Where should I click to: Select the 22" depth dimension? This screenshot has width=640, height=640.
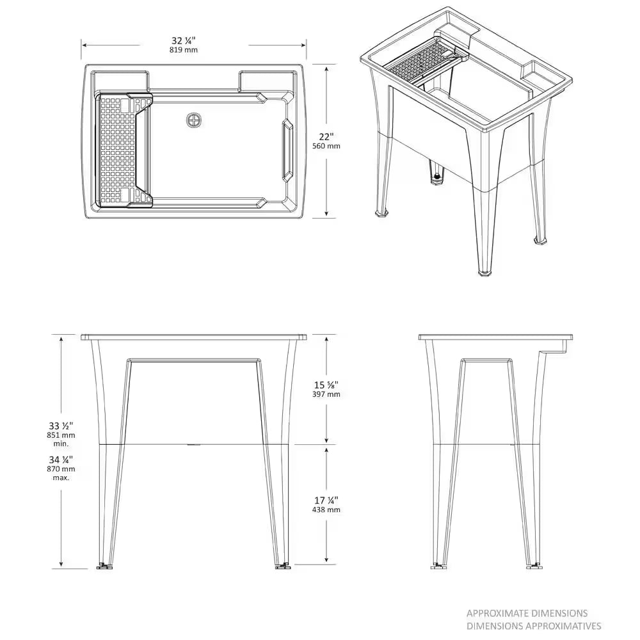[x=326, y=136]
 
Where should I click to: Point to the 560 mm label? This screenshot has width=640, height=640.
[x=326, y=146]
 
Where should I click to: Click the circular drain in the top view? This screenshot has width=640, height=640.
[x=194, y=120]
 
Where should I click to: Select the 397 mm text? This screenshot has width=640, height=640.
[x=326, y=394]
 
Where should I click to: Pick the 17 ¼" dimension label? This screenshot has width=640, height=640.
[x=326, y=499]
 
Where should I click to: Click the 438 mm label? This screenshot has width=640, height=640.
[x=326, y=509]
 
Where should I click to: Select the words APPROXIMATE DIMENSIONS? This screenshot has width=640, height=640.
[x=527, y=613]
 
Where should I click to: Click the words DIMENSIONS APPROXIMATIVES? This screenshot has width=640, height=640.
[x=533, y=626]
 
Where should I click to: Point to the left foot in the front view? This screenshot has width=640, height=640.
[x=103, y=566]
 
